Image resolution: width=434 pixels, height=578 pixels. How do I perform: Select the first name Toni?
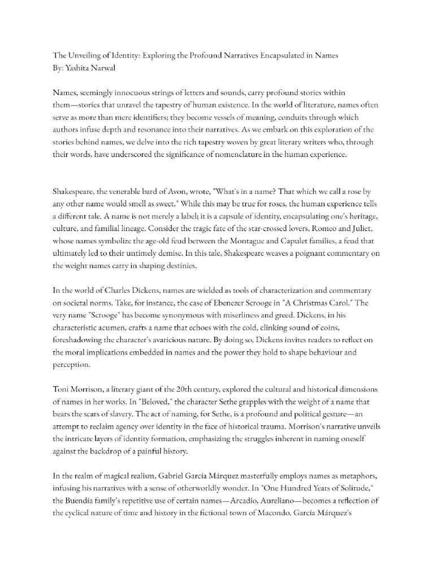coord(63,390)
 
